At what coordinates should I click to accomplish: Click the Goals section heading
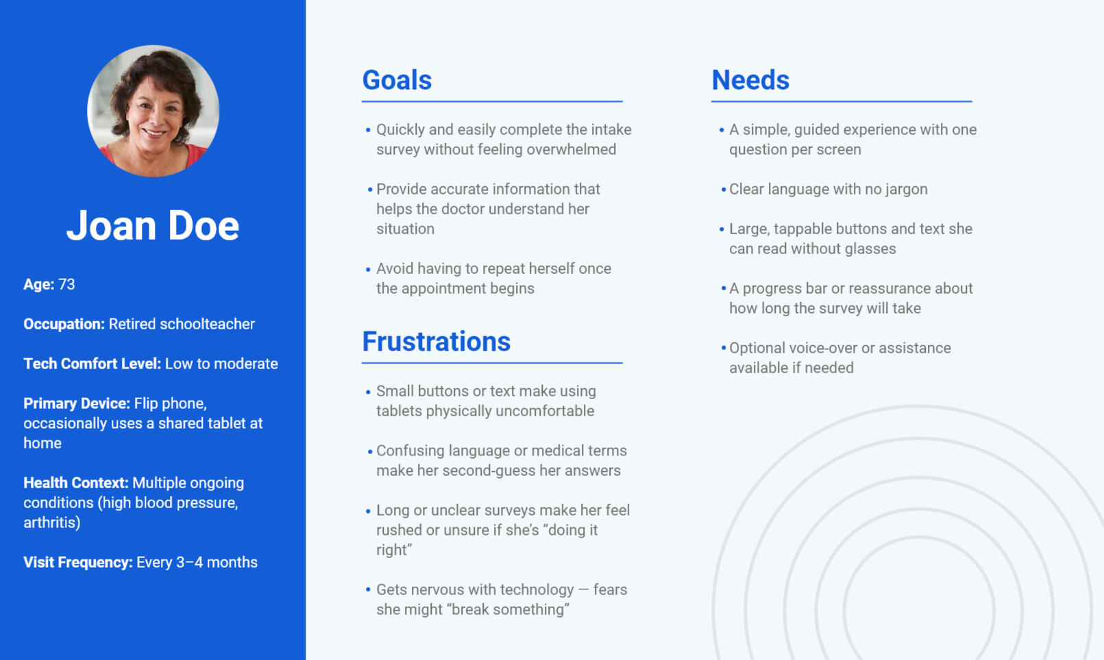coord(397,80)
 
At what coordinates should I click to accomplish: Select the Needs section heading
coord(750,80)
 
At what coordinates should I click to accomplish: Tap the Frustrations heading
coord(436,342)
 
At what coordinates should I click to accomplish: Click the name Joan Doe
coord(153,225)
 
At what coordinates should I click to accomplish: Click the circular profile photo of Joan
coord(153,111)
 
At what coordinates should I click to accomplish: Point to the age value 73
coord(66,284)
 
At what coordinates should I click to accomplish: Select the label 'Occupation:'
coord(64,324)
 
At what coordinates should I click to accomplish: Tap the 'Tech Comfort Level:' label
coord(92,364)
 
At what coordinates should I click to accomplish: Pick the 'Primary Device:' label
coord(77,403)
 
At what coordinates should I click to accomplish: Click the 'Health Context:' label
coord(76,483)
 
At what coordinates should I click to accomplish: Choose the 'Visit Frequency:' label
coord(78,562)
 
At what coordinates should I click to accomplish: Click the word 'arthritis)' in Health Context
coord(52,522)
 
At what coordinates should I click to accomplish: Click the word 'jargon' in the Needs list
coord(906,190)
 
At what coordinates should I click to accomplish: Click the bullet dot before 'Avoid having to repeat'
coord(368,270)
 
